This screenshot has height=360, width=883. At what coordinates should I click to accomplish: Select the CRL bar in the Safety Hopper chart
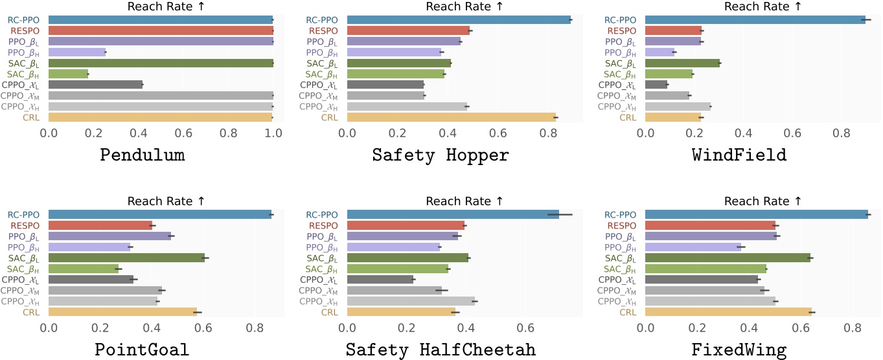click(452, 117)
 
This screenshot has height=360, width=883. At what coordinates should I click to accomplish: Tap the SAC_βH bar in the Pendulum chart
click(68, 74)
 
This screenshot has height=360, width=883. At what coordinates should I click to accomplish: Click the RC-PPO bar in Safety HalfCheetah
click(453, 214)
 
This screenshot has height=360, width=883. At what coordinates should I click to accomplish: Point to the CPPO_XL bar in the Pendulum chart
click(95, 85)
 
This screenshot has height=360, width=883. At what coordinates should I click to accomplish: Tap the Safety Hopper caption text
click(441, 156)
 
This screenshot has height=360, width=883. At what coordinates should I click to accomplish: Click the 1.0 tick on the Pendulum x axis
click(273, 133)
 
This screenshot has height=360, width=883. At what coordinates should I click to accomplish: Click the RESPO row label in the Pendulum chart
click(28, 30)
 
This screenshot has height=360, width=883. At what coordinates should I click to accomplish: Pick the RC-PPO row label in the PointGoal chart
click(25, 214)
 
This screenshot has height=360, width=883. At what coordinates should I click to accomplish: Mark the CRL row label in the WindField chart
click(628, 117)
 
